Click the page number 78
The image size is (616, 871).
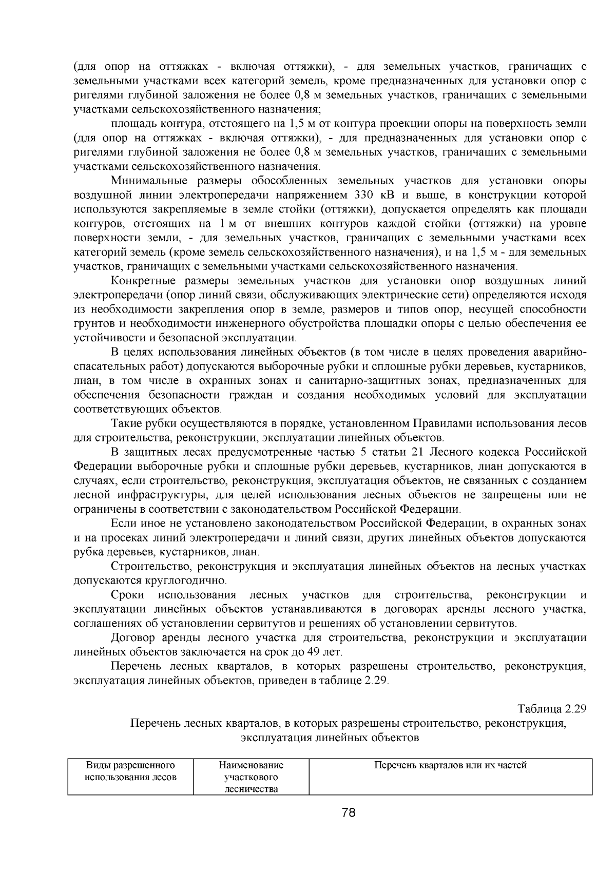[349, 812]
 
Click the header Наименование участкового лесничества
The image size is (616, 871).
[251, 777]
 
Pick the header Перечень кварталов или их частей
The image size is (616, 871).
[450, 765]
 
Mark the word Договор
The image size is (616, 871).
[133, 637]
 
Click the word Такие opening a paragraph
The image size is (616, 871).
[126, 423]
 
